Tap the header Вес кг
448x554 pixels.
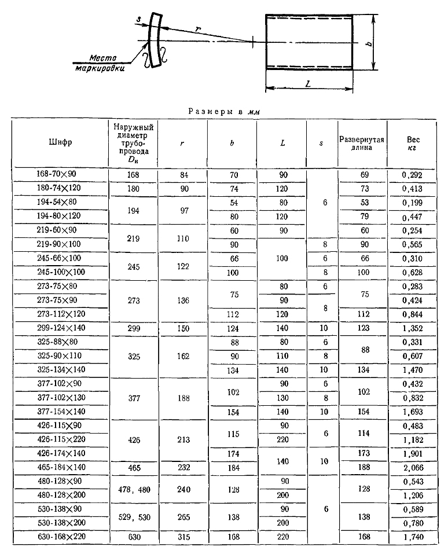412,143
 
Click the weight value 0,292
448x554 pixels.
412,174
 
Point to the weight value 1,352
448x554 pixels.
412,327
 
